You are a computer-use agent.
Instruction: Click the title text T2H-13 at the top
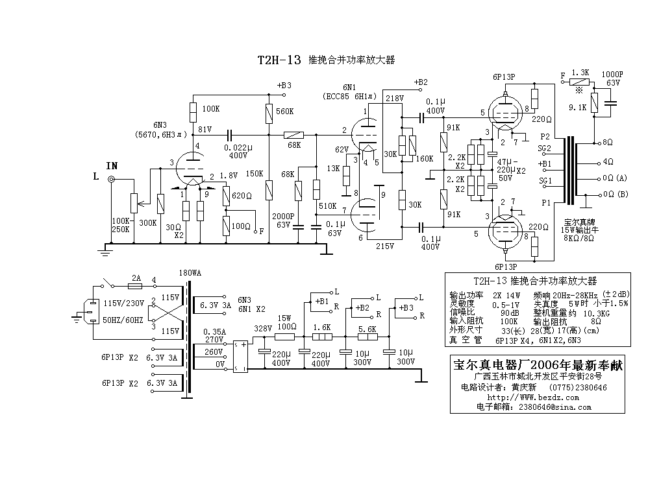tap(279, 60)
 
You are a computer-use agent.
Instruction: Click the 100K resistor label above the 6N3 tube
tap(211, 108)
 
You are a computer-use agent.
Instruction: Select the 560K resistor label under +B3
tap(285, 112)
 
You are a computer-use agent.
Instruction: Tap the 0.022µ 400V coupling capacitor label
tap(239, 152)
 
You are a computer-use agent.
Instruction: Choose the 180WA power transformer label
tap(190, 273)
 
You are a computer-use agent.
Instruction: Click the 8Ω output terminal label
tap(608, 141)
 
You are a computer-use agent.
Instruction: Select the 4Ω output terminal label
tap(608, 160)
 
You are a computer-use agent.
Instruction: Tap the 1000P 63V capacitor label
tap(612, 78)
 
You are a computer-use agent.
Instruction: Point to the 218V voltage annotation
tap(393, 99)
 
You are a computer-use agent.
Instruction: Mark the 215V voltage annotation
tap(385, 247)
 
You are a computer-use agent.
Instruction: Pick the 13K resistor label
tap(334, 168)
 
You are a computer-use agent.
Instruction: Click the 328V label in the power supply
tap(262, 329)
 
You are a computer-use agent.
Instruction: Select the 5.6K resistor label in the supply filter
tap(367, 329)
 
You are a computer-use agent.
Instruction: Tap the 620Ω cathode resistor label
tap(242, 195)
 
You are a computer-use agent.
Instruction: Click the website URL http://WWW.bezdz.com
tap(524, 397)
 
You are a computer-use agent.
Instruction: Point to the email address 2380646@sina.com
tap(551, 407)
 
